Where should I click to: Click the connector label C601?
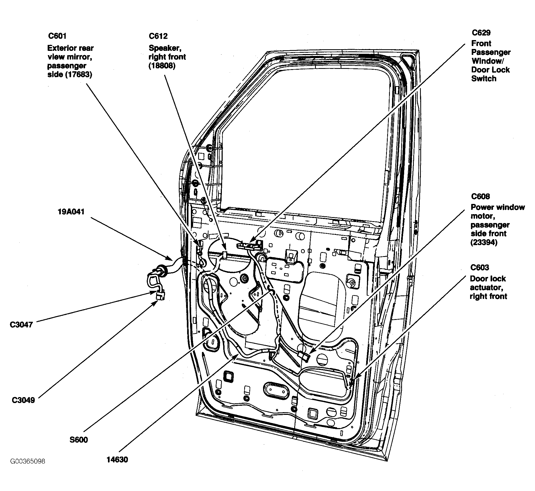click(57, 36)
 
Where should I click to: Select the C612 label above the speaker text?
click(158, 36)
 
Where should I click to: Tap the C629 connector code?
click(481, 33)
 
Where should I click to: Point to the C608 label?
click(480, 196)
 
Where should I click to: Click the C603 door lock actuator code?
click(480, 267)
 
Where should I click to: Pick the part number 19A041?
click(71, 212)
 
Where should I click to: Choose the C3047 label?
click(21, 325)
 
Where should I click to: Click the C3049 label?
click(23, 400)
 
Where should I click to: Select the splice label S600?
click(79, 440)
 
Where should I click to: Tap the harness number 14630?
click(117, 460)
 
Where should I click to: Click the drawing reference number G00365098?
click(28, 461)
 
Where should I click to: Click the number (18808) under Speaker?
click(162, 66)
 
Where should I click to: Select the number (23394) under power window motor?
click(484, 242)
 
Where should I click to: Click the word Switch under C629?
click(484, 79)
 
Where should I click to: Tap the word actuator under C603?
click(487, 287)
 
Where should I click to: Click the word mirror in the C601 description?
click(82, 57)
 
